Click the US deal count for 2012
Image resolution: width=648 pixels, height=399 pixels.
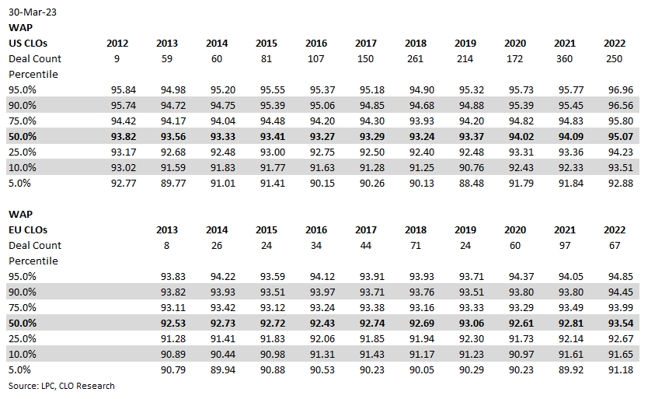(118, 58)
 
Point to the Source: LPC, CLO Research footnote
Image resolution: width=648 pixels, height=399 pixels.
(61, 386)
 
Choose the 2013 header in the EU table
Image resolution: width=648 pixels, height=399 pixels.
(167, 229)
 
